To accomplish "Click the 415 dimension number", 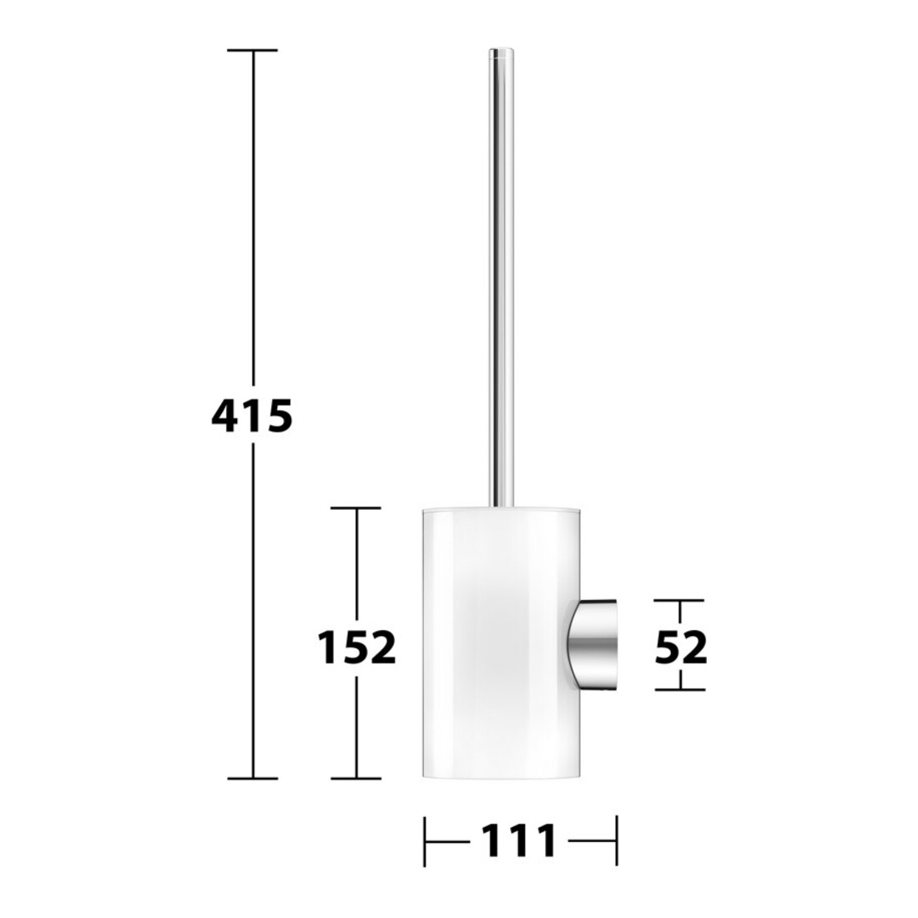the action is coord(252,416).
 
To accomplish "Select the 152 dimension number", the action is coord(356,648).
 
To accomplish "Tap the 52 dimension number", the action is coord(681,648).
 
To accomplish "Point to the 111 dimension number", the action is coord(519,841).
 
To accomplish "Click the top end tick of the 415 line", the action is coord(253,50).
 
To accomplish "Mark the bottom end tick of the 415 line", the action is coord(253,779).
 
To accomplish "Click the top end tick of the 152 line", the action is coord(356,508).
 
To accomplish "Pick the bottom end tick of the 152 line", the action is coord(356,779).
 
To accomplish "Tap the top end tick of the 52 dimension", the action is coord(679,601).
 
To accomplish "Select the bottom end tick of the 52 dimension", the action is coord(679,689).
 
